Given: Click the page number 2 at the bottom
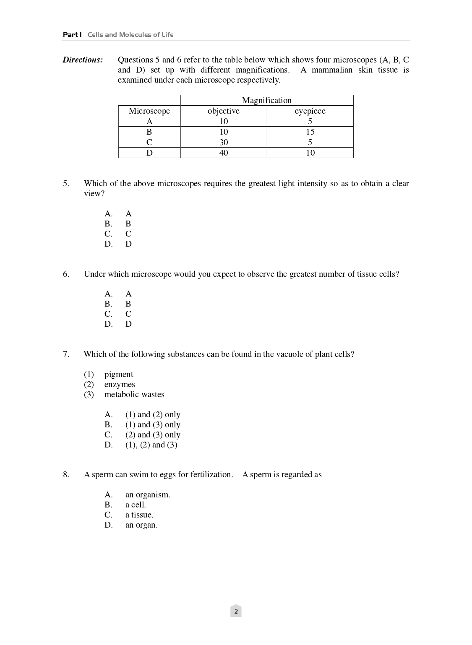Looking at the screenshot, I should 236,611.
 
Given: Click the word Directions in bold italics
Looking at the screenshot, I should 83,60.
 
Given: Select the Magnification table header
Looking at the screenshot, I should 266,100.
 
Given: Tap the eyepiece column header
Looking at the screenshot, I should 310,111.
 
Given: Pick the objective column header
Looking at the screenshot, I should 224,111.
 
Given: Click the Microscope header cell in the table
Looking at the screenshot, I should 149,111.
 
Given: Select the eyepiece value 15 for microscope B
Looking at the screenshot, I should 310,132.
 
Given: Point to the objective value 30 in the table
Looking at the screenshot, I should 224,142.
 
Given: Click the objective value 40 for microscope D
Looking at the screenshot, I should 224,153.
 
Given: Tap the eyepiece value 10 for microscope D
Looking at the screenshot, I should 310,153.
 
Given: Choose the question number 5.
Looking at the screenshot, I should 66,183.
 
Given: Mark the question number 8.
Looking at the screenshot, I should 66,474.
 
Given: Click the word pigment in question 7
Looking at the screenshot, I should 119,374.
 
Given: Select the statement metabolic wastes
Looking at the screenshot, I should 134,394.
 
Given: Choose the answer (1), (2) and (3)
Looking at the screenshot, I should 151,445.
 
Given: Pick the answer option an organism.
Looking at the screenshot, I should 148,494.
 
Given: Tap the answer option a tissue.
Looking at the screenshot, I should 139,515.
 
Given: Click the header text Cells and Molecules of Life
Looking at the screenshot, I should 130,34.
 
